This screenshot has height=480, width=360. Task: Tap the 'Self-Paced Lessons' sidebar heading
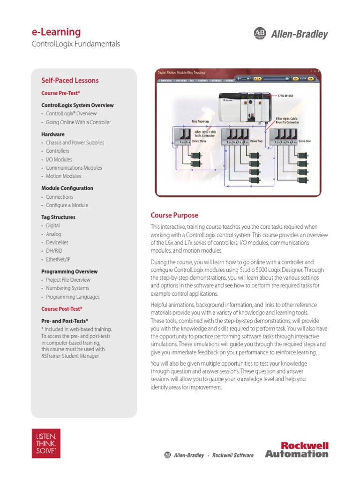pos(70,80)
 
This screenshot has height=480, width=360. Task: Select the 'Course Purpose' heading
pos(174,215)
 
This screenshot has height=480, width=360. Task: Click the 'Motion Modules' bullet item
pos(63,176)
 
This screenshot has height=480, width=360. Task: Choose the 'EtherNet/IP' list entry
pos(58,259)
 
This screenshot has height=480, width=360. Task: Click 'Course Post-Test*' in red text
pos(62,308)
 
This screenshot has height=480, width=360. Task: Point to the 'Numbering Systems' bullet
pos(67,288)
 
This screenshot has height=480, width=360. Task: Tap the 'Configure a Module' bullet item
pos(67,205)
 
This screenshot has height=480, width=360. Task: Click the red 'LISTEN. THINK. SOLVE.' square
pos(45,443)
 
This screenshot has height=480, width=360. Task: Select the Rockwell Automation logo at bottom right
pos(297,450)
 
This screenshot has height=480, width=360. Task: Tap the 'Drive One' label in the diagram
pos(305,141)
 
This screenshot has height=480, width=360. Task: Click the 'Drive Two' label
pos(256,141)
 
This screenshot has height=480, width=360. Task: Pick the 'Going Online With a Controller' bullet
pos(78,122)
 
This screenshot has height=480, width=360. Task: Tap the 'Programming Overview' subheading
pos(69,271)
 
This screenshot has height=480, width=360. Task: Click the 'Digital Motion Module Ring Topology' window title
pos(181,73)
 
